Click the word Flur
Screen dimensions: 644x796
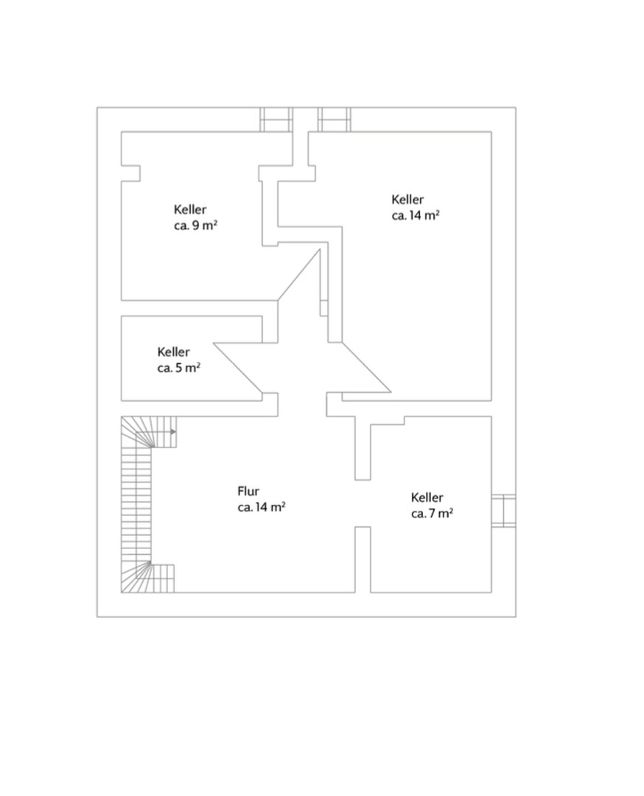pyautogui.click(x=248, y=491)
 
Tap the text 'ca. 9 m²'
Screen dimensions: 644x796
pyautogui.click(x=196, y=226)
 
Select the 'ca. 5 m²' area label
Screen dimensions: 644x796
pyautogui.click(x=178, y=368)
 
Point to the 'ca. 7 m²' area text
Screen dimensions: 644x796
pyautogui.click(x=432, y=513)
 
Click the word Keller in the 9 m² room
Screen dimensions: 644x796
pyautogui.click(x=190, y=209)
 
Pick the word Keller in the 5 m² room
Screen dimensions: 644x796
pyautogui.click(x=174, y=352)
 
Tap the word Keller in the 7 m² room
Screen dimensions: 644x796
pyautogui.click(x=427, y=497)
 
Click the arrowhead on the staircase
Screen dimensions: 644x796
pyautogui.click(x=174, y=432)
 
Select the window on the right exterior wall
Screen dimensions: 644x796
pyautogui.click(x=503, y=510)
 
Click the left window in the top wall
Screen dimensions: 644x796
pyautogui.click(x=276, y=119)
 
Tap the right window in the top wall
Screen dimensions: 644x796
pyautogui.click(x=335, y=119)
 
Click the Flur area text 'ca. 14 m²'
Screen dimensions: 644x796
pyautogui.click(x=262, y=507)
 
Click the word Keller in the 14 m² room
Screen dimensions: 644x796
pyautogui.click(x=407, y=199)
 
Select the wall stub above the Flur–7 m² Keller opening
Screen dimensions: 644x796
pyautogui.click(x=363, y=448)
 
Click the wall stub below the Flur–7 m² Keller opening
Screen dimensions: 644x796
pyautogui.click(x=363, y=559)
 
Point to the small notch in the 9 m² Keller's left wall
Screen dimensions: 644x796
pyautogui.click(x=130, y=172)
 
